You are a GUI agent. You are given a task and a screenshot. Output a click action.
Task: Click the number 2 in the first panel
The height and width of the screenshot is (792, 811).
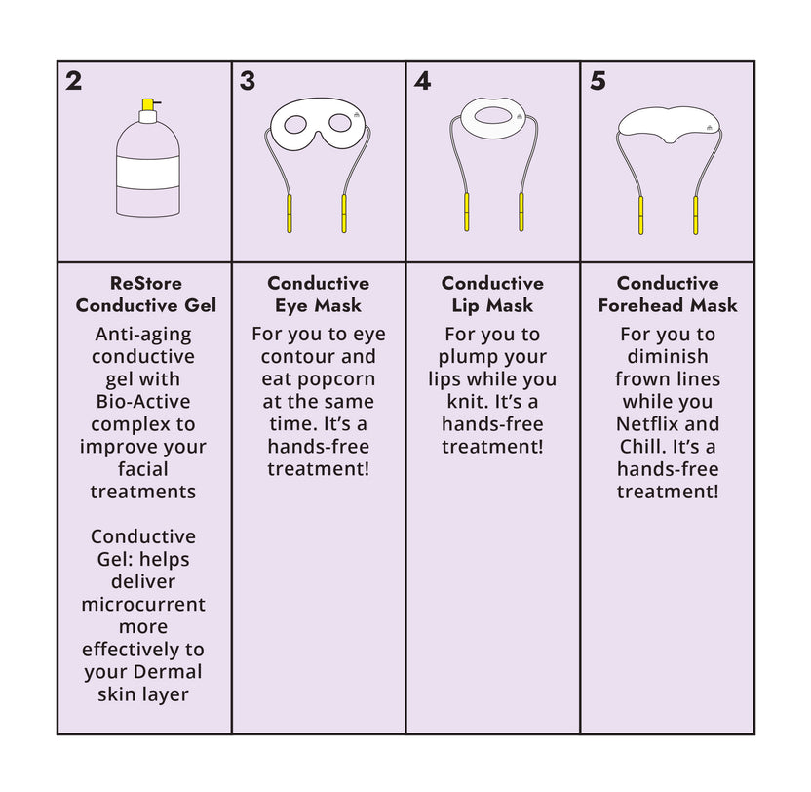pos(74,81)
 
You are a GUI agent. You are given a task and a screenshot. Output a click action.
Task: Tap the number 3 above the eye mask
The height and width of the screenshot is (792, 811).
pos(248,81)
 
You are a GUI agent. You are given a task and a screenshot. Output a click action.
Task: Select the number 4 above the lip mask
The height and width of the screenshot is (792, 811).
pos(422,81)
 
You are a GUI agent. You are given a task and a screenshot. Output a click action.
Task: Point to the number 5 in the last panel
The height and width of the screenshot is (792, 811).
pos(598,81)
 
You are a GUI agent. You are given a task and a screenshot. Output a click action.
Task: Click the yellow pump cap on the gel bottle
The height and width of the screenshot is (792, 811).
pos(148,104)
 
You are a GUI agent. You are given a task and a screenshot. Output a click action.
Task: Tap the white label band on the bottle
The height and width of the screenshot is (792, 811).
pos(147,173)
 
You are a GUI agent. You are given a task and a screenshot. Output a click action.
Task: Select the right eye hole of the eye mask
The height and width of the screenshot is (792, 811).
pos(341,124)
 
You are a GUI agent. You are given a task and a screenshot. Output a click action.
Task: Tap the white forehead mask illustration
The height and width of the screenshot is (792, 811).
pos(669,124)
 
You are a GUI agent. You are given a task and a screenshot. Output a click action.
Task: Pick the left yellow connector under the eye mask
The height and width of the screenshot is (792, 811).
pos(290,213)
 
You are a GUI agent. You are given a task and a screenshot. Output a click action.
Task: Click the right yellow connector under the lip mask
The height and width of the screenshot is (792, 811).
pos(521,213)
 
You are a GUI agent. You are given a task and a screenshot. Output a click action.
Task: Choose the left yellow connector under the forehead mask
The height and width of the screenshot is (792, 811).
pos(640,215)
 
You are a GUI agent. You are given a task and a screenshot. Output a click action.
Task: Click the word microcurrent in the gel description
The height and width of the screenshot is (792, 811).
pos(143,604)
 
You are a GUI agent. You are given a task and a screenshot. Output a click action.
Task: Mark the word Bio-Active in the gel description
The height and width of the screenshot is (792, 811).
pos(143,401)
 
